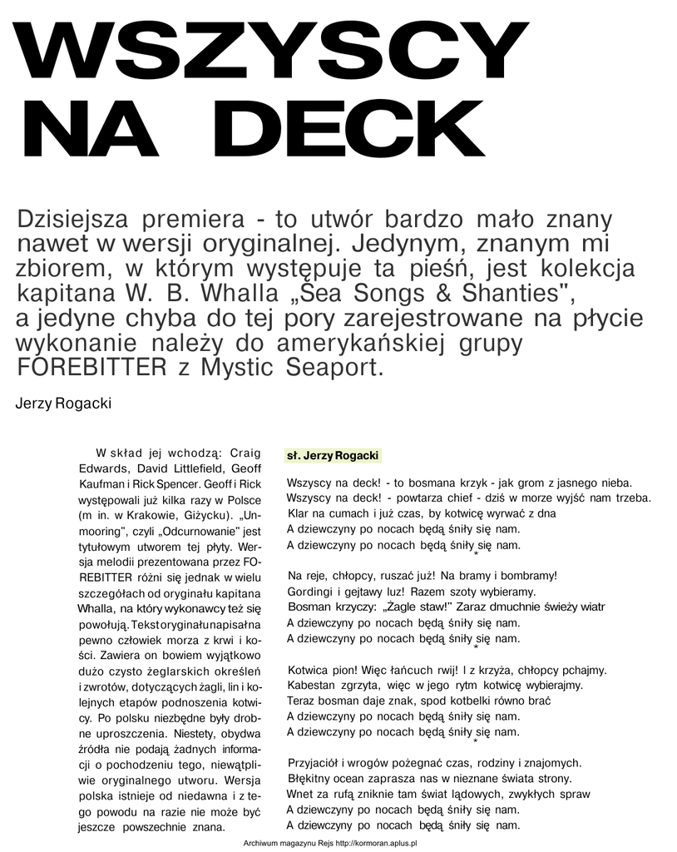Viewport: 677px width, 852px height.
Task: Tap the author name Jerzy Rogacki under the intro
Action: [x=63, y=404]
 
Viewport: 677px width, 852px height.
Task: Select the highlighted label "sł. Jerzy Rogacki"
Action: [x=332, y=456]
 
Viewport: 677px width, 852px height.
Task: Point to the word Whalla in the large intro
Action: [x=237, y=294]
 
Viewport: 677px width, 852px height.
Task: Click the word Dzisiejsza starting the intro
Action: [x=72, y=220]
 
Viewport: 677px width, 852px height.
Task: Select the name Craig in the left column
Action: [x=244, y=453]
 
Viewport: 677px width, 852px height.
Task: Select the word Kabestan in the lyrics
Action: [x=312, y=686]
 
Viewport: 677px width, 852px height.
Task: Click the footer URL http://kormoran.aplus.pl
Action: [x=375, y=843]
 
